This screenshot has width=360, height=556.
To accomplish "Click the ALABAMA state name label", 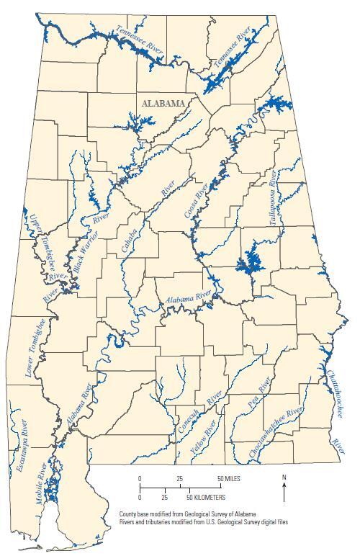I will pos(163,103).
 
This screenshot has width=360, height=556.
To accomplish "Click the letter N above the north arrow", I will pos(284,477).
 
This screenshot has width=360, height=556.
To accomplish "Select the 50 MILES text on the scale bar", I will pos(230,479).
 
